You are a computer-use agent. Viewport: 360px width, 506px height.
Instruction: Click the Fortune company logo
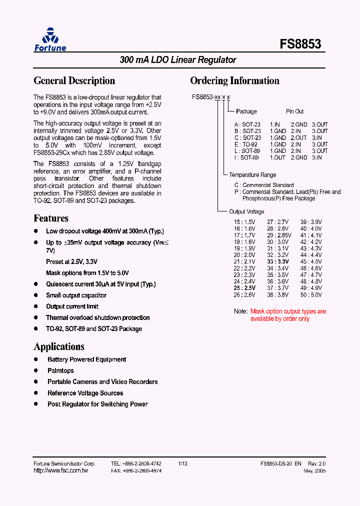pos(50,39)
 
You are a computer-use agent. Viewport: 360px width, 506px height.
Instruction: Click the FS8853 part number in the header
pos(300,44)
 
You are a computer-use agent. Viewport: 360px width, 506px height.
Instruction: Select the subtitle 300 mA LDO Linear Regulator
pos(178,60)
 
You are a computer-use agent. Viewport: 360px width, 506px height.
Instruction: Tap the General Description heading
pos(74,80)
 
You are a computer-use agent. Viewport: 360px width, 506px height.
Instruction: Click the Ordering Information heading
pos(234,80)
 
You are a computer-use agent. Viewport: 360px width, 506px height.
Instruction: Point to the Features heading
pos(51,218)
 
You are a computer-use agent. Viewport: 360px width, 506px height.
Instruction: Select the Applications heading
pos(59,346)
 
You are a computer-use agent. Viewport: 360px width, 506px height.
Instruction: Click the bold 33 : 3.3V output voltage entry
pos(278,261)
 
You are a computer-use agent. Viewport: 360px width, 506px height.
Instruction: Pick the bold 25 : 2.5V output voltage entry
pos(244,288)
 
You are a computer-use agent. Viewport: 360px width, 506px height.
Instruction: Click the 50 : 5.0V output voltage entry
pos(311,295)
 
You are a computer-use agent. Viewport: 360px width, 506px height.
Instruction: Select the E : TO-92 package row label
pos(246,144)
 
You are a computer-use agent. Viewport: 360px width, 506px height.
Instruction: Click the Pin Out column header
pos(295,111)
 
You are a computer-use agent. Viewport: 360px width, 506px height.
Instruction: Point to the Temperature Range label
pos(252,175)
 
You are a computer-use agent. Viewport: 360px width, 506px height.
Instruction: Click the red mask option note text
pos(288,315)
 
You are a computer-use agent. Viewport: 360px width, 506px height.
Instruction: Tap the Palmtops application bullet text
pos(60,370)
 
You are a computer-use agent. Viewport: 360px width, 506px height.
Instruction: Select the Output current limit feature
pos(72,306)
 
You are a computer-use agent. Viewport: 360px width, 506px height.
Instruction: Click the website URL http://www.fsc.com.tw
pos(60,471)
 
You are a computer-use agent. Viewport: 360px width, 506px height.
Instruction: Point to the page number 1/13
pos(182,464)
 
